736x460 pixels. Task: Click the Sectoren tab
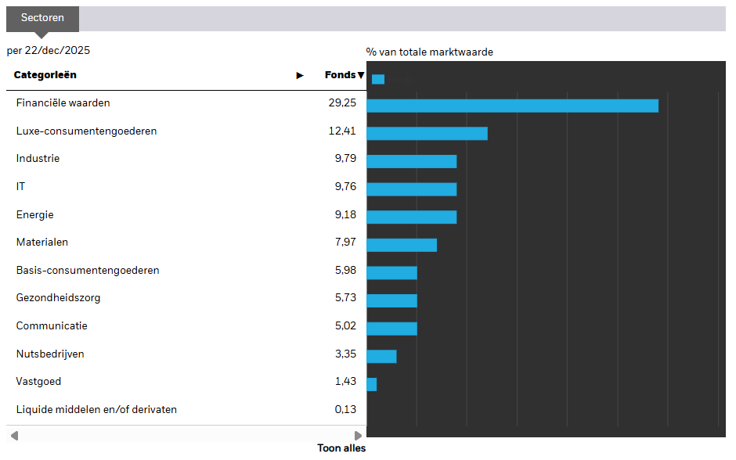[42, 19]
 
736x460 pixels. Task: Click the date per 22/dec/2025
[49, 51]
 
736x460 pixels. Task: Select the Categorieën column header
[45, 75]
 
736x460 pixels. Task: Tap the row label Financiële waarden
[63, 103]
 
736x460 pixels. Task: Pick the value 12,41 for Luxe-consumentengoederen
[342, 131]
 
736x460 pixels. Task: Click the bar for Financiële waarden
[513, 106]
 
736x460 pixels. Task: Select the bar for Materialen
[402, 245]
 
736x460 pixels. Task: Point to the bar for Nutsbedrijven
[381, 357]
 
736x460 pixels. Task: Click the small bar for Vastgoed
[372, 384]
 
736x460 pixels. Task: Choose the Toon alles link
[341, 448]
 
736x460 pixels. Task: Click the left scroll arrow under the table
[15, 436]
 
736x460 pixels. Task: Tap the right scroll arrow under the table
[358, 436]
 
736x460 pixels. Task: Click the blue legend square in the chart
[378, 79]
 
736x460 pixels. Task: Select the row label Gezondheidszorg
[58, 298]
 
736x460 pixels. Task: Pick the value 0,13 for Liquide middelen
[345, 409]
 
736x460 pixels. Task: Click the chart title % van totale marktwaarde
[430, 52]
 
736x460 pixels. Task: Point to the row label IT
[20, 187]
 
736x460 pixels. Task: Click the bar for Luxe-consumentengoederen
[428, 134]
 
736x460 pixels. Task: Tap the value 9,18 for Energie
[345, 214]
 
